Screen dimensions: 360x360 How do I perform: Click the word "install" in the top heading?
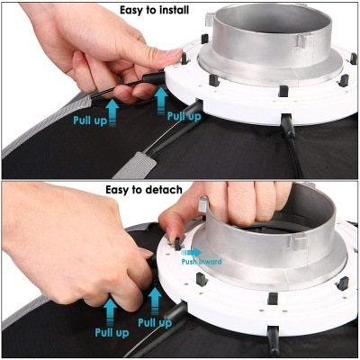point(170,10)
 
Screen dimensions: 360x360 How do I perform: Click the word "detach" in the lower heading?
point(165,190)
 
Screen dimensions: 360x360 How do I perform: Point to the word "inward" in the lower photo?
point(210,262)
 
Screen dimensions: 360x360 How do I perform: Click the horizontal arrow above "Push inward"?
point(192,252)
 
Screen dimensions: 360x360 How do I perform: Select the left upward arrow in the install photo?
point(112,112)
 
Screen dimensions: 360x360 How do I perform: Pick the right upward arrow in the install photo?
point(161,101)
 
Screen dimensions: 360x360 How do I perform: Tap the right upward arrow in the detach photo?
point(155,301)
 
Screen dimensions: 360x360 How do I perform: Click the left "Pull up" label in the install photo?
point(90,121)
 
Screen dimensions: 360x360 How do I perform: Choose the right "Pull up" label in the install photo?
point(184,116)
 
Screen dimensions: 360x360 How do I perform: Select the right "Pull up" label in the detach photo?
point(155,323)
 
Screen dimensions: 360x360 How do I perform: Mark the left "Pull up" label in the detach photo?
point(112,332)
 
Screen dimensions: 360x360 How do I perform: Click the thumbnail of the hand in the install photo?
point(174,53)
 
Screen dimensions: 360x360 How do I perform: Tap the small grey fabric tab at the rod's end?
point(135,165)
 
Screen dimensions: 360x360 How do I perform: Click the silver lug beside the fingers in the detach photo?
point(203,204)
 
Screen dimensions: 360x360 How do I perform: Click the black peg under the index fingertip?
point(177,244)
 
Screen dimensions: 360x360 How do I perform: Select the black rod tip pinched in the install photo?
point(154,77)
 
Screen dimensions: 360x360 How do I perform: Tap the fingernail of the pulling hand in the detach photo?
point(146,253)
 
